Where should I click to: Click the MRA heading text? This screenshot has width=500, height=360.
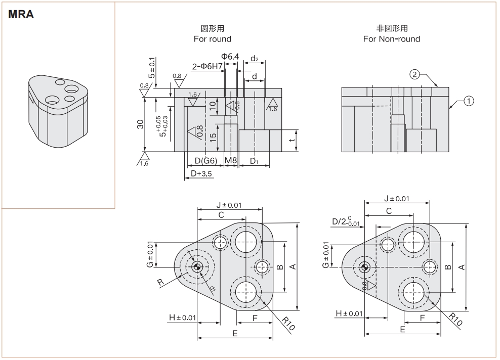(x=21, y=15)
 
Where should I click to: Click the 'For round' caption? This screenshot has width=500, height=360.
(x=212, y=39)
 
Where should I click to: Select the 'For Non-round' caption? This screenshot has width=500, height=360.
(x=391, y=39)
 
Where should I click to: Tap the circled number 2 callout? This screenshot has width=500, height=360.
(x=414, y=75)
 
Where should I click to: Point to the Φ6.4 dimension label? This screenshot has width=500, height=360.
(x=230, y=57)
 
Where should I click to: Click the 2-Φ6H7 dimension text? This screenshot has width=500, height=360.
(x=207, y=66)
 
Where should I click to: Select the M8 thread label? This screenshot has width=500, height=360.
(x=231, y=161)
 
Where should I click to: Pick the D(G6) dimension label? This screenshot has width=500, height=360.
(x=206, y=161)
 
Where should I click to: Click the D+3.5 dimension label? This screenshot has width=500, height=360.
(x=201, y=173)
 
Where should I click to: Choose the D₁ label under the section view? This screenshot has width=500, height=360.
(x=254, y=161)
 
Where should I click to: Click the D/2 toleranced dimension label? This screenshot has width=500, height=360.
(x=346, y=221)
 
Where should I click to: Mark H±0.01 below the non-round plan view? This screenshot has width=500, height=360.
(x=349, y=313)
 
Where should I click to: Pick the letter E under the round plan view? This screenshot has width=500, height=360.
(x=235, y=333)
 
